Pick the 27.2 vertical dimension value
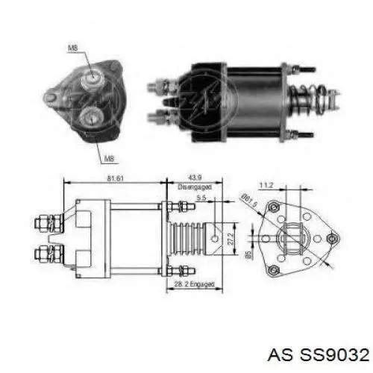point(231,239)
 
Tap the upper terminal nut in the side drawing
point(43,222)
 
